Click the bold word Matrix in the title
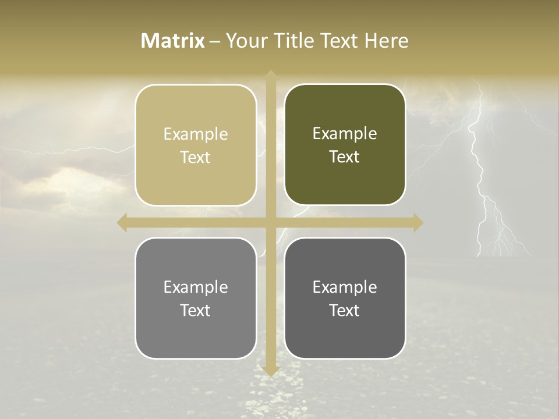tap(173, 41)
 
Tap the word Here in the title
tap(386, 41)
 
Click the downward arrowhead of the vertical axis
tap(270, 371)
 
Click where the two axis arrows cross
tap(270, 223)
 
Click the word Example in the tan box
tap(196, 134)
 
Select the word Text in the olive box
tap(345, 157)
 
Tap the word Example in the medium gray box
tap(196, 287)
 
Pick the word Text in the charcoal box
tap(345, 310)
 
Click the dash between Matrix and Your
tap(215, 41)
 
